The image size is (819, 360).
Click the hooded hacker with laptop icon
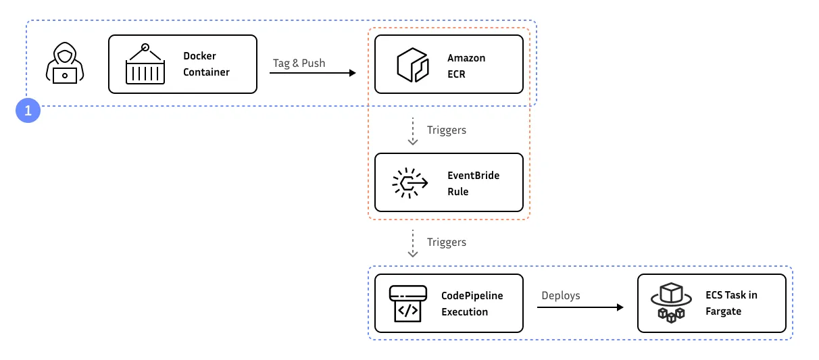(x=65, y=64)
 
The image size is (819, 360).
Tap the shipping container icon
(x=145, y=64)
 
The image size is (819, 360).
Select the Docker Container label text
(x=206, y=64)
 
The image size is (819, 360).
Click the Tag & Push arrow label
(x=299, y=63)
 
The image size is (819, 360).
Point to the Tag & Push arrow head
(x=352, y=72)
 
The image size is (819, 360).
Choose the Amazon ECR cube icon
(x=413, y=66)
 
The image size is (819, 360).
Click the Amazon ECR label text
(x=466, y=66)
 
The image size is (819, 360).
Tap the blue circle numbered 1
(x=28, y=111)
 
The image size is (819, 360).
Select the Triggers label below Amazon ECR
(x=446, y=130)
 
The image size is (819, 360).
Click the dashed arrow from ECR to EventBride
(x=412, y=130)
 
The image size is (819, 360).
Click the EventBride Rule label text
(x=473, y=183)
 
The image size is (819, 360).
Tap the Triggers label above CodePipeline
(x=446, y=242)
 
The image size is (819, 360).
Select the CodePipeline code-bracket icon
(x=407, y=303)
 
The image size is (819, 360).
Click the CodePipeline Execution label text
(x=472, y=303)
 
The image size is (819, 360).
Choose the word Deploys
(x=560, y=296)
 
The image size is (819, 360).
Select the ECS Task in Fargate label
(x=731, y=303)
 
